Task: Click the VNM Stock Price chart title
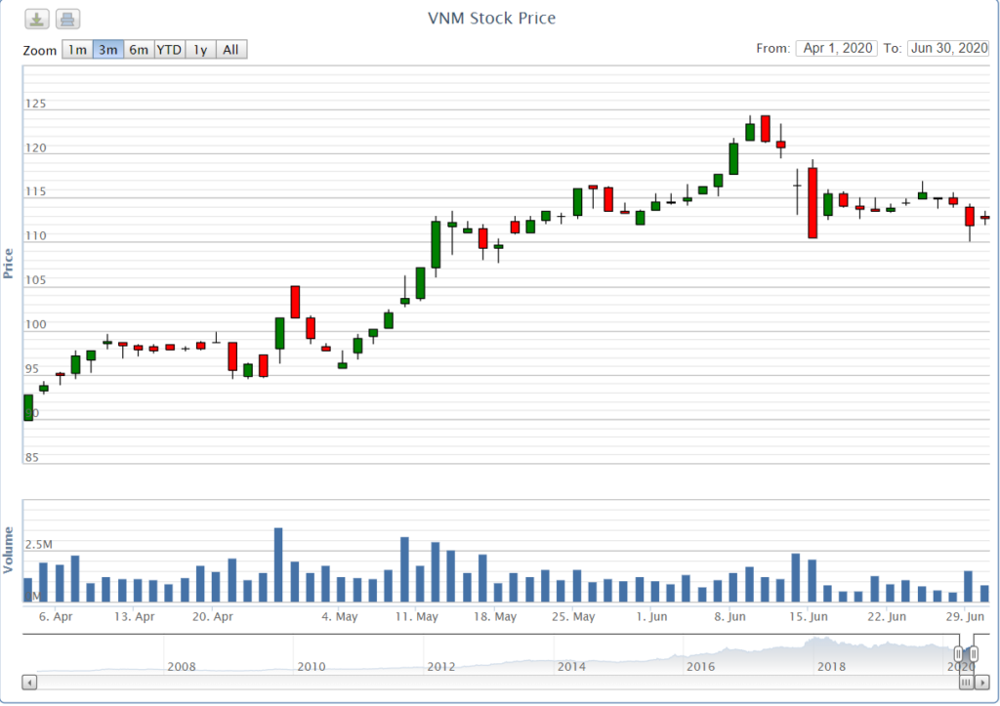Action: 491,19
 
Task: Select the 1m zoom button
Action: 77,50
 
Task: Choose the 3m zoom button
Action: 108,50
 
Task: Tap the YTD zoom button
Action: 169,50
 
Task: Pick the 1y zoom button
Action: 200,50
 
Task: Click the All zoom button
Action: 230,50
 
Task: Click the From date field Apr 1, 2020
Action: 837,48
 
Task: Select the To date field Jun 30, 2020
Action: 947,48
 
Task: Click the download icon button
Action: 36,19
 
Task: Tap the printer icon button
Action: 67,19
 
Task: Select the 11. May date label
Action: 417,617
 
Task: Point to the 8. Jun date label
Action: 730,617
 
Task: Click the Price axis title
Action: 9,264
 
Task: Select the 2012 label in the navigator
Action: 441,667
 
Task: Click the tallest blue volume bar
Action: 278,564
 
